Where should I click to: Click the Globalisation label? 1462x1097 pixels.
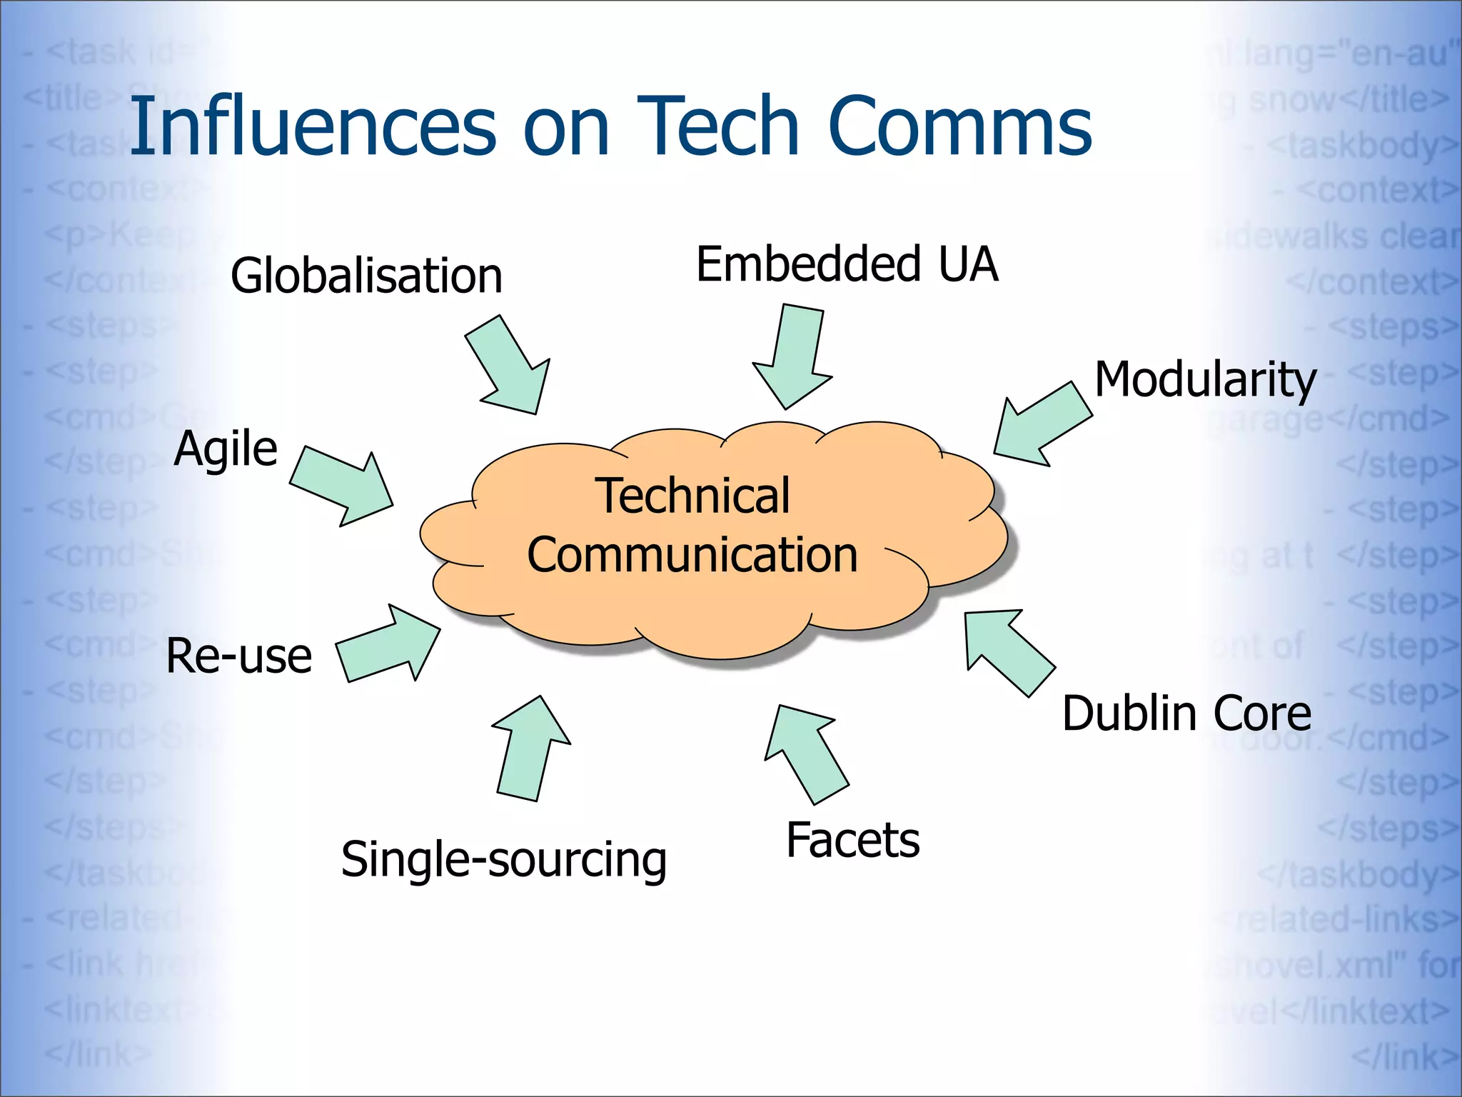coord(366,276)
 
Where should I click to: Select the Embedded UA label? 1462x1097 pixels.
coord(847,264)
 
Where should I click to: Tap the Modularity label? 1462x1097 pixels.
coord(1205,379)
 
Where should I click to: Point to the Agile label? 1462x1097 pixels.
coord(226,449)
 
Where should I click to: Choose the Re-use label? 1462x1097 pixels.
coord(239,656)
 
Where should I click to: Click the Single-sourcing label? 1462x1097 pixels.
coord(504,859)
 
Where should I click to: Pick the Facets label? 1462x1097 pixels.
coord(852,840)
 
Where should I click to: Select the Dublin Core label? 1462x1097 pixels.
coord(1186,713)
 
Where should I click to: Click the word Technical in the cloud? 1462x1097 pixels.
coord(694,496)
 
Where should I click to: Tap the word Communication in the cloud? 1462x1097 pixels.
coord(692,555)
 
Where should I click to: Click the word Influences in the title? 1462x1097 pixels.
coord(313,126)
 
